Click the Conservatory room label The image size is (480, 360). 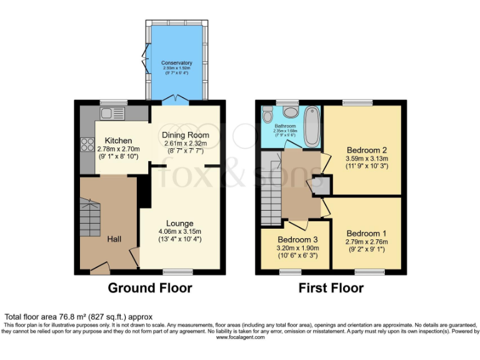176,63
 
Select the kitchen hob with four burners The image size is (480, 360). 86,145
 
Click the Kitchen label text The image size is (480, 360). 118,140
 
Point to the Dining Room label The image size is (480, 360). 186,135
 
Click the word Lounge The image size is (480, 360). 179,223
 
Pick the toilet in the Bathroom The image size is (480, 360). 267,114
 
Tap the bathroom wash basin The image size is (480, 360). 290,112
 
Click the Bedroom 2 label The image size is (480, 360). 367,150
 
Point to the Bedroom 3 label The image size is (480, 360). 293,239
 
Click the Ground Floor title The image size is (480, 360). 149,288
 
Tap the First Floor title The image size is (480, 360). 331,288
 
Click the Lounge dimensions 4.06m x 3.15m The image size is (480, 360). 179,231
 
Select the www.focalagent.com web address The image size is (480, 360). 239,337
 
